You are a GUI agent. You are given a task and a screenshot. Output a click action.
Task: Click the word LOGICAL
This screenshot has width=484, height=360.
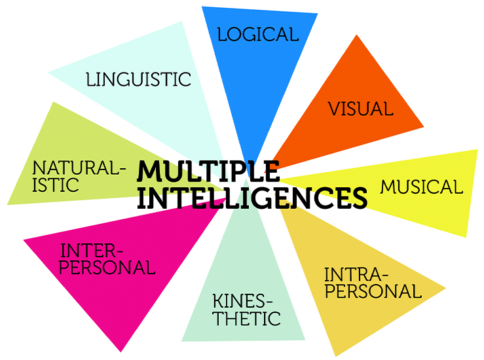[x=258, y=34]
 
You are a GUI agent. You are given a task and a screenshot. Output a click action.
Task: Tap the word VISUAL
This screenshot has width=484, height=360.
[x=361, y=108]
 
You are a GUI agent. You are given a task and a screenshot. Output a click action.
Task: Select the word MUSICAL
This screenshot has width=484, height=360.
[x=421, y=187]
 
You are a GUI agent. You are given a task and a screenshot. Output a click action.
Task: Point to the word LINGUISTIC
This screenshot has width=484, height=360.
[x=138, y=80]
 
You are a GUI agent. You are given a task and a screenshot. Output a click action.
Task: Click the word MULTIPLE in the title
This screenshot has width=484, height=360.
[x=208, y=172]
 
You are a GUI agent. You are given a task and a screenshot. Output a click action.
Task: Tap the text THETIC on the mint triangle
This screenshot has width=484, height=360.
[x=247, y=319]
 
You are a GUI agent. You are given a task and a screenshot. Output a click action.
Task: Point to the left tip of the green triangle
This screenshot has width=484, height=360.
[x=7, y=204]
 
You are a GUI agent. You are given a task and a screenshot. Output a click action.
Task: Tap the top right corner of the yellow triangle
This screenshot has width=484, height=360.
[x=477, y=150]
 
